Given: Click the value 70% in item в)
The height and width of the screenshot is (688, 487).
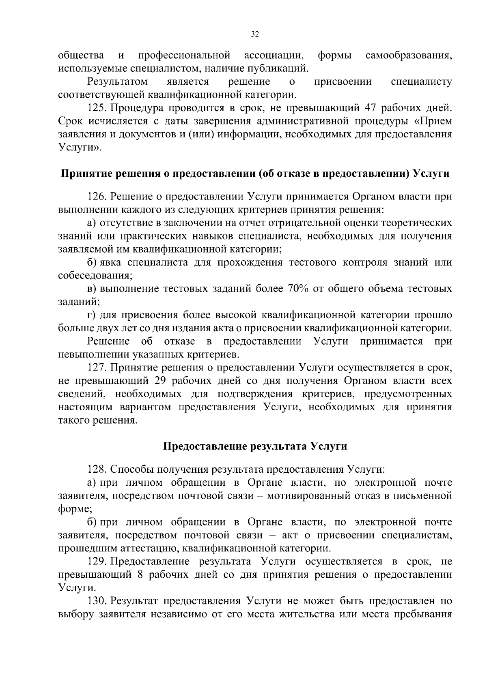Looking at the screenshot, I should click(x=299, y=289).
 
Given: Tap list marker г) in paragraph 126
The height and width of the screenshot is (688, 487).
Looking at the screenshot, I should click(x=91, y=315).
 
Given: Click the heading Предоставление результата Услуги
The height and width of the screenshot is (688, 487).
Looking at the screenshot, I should click(x=255, y=446).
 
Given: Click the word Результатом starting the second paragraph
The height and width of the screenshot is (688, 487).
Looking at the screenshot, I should click(x=117, y=81).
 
